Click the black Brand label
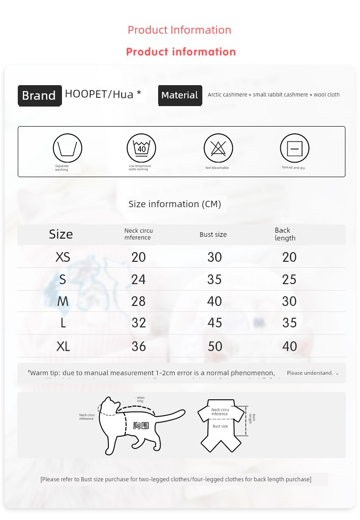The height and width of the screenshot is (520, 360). pyautogui.click(x=39, y=96)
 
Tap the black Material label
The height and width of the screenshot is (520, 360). pyautogui.click(x=180, y=95)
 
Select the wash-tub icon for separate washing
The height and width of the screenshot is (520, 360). pyautogui.click(x=67, y=148)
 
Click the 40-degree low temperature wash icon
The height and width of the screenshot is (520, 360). pyautogui.click(x=141, y=148)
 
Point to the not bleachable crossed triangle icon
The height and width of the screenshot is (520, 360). pyautogui.click(x=218, y=148)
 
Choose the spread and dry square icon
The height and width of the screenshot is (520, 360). pyautogui.click(x=294, y=148)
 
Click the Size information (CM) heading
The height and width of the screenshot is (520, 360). pyautogui.click(x=175, y=204)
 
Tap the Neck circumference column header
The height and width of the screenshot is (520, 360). pyautogui.click(x=138, y=234)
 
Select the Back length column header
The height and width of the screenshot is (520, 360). pyautogui.click(x=285, y=234)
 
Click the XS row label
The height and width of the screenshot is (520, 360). pyautogui.click(x=63, y=257)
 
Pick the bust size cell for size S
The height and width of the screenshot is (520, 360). pyautogui.click(x=214, y=279)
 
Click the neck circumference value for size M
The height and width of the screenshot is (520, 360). pyautogui.click(x=138, y=301)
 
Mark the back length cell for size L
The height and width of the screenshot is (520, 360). pyautogui.click(x=289, y=323)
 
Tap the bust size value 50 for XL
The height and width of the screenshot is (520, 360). pyautogui.click(x=215, y=346)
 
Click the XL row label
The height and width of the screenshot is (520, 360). pyautogui.click(x=63, y=347)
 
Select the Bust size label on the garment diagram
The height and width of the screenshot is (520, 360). pyautogui.click(x=220, y=426)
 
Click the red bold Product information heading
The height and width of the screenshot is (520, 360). pyautogui.click(x=181, y=52)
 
